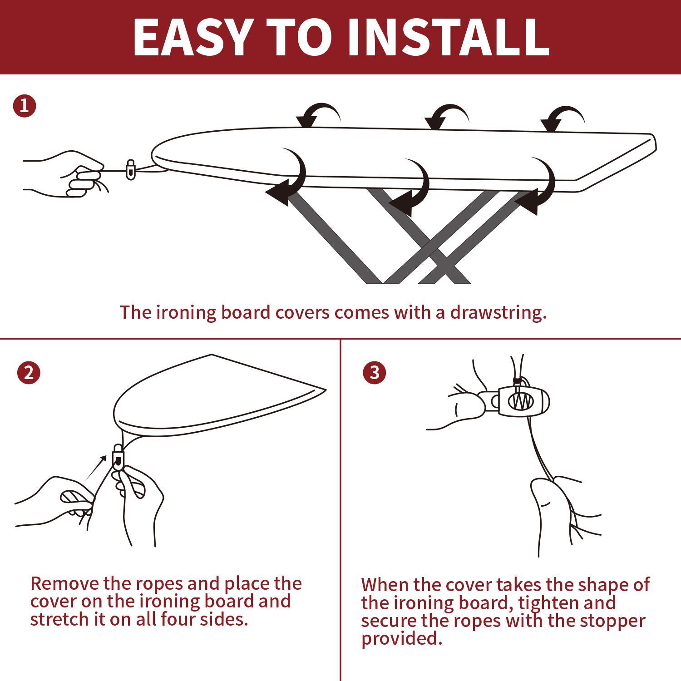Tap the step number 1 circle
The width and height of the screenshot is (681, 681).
25,106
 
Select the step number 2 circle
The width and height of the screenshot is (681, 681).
29,373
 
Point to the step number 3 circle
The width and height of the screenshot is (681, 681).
375,373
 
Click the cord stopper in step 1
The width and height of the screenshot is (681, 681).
130,169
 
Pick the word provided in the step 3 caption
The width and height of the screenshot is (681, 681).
401,638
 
